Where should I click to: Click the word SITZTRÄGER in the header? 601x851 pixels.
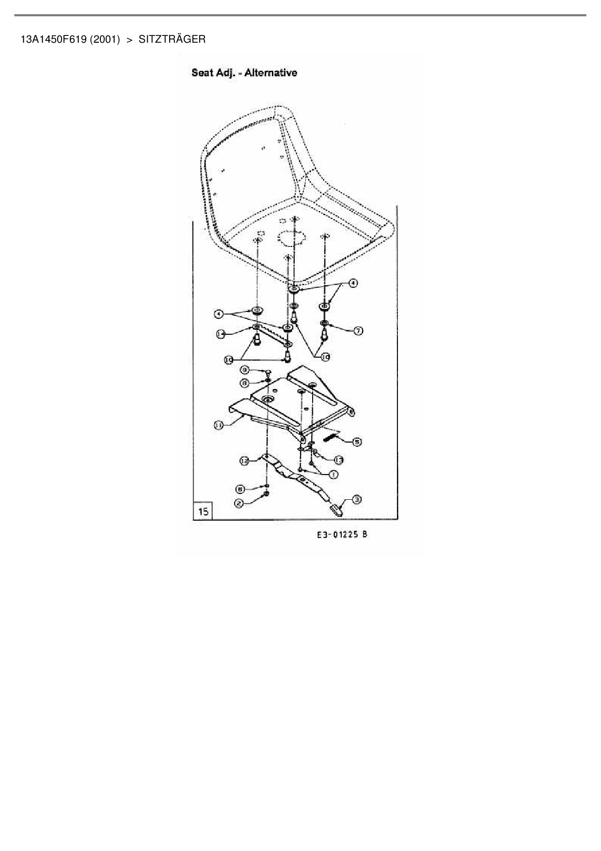point(172,39)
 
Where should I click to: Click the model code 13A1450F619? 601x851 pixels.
point(53,39)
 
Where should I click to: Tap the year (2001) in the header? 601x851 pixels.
point(105,39)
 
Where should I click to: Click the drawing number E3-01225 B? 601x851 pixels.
point(342,535)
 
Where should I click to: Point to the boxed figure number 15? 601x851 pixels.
point(203,511)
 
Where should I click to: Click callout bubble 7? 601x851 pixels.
point(358,330)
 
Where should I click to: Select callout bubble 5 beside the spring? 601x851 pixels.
point(356,442)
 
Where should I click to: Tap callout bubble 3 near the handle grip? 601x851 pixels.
point(356,499)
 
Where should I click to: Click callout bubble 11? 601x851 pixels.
point(219,425)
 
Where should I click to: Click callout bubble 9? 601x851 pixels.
point(245,371)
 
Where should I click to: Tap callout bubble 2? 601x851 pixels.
point(239,504)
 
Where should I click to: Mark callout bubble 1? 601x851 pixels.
point(333,474)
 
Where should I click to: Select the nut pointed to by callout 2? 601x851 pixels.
point(266,494)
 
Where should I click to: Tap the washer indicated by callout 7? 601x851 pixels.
point(324,323)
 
